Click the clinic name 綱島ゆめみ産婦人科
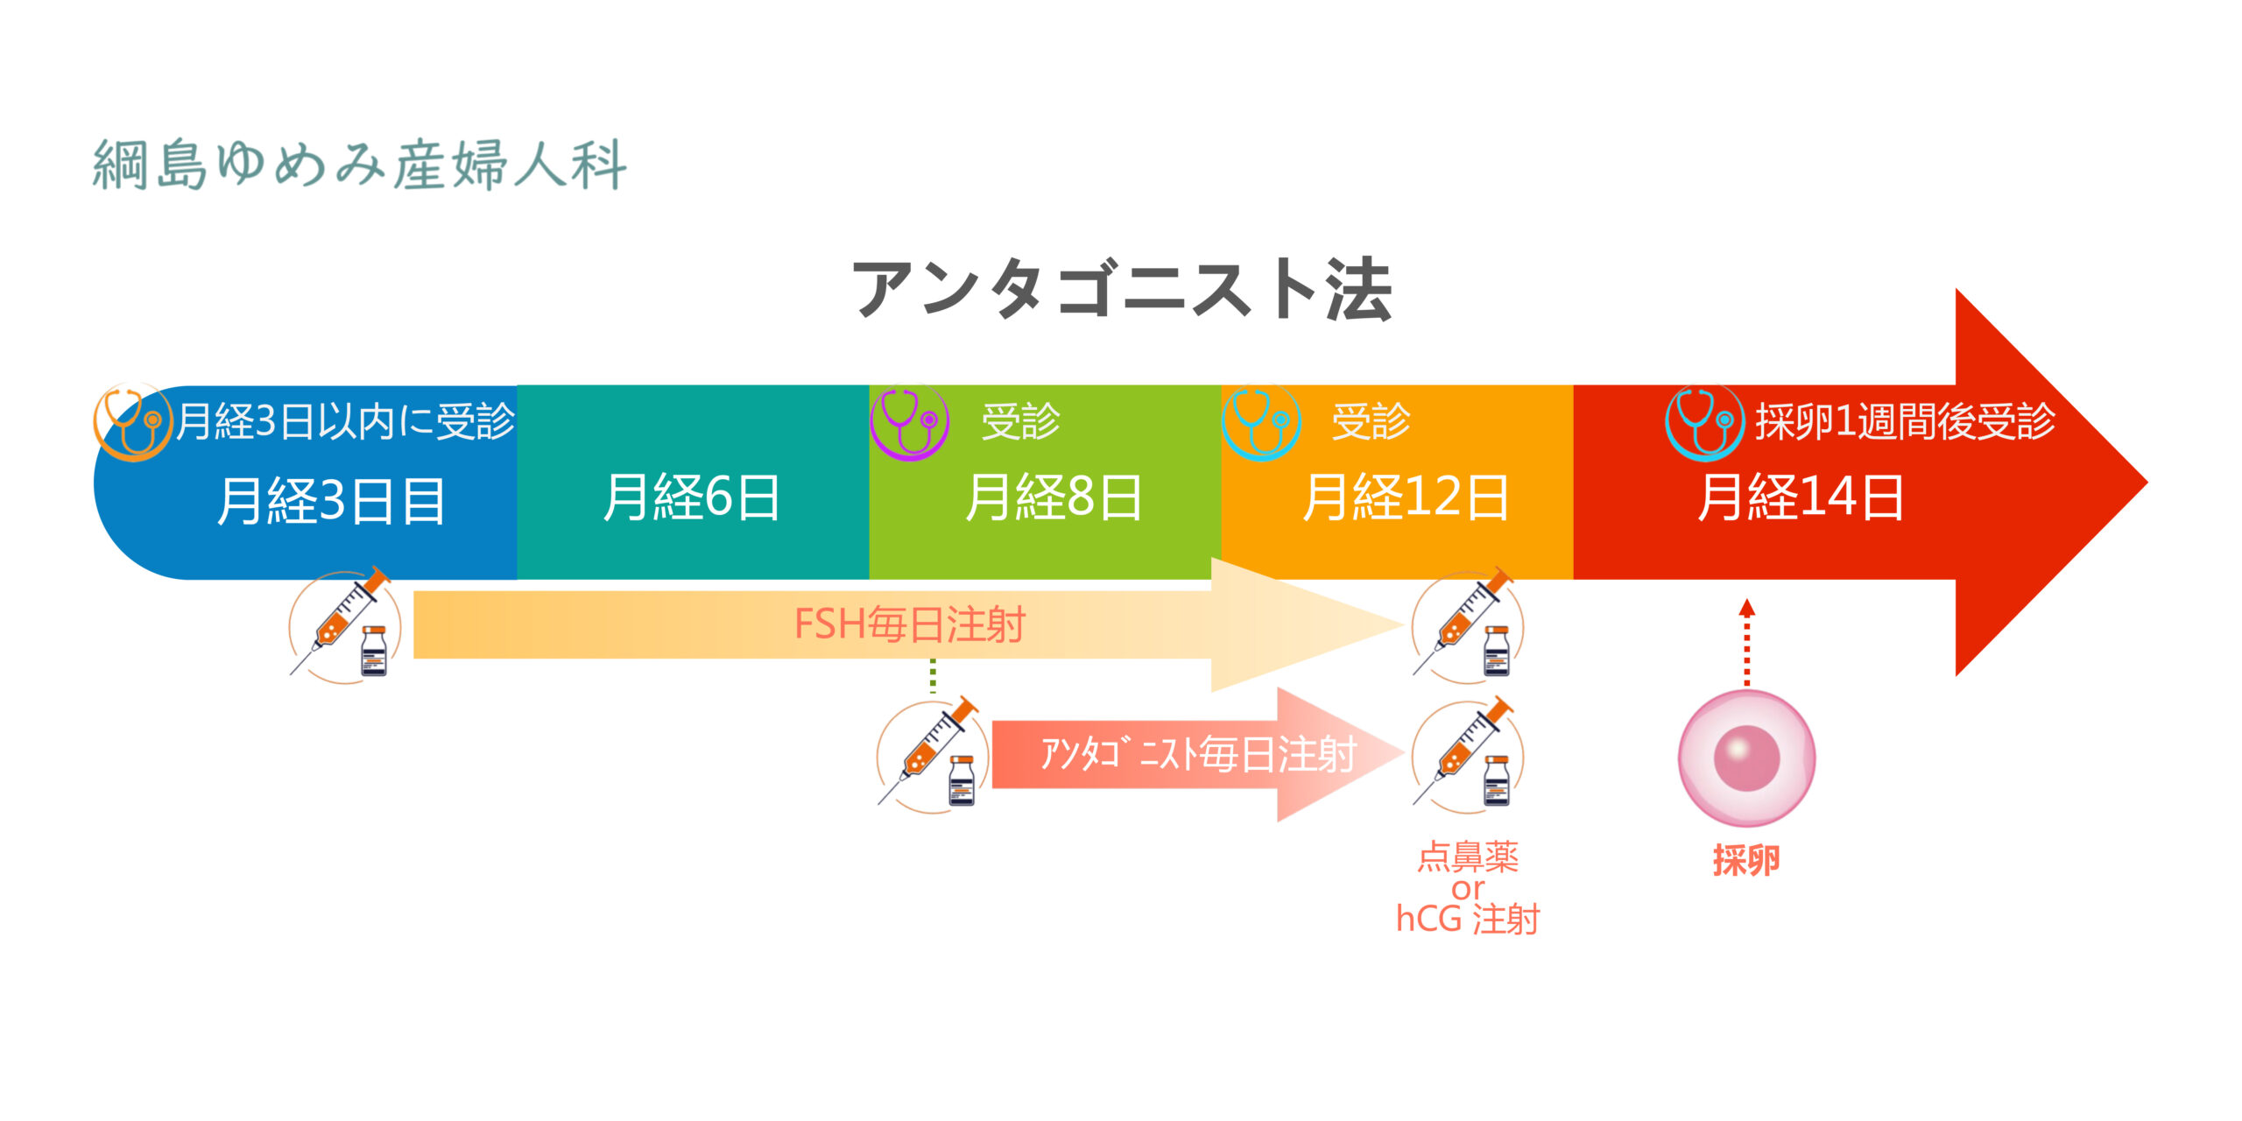coord(360,164)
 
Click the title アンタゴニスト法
coord(1123,289)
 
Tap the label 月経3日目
coord(331,501)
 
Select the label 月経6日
coord(692,497)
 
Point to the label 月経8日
coord(1054,497)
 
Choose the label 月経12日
coord(1406,497)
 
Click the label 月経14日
coord(1801,497)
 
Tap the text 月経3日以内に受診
coord(346,421)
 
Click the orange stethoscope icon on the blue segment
coord(132,423)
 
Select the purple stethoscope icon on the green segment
coord(910,423)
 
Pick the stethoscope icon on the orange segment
coord(1261,423)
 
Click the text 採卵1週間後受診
coord(1905,421)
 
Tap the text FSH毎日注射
coord(909,624)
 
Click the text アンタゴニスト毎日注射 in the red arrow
coord(1198,754)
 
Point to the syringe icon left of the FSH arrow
coord(345,625)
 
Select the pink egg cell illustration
coord(1746,758)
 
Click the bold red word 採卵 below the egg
coord(1746,860)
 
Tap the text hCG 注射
coord(1468,920)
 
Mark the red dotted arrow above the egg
coord(1747,642)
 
